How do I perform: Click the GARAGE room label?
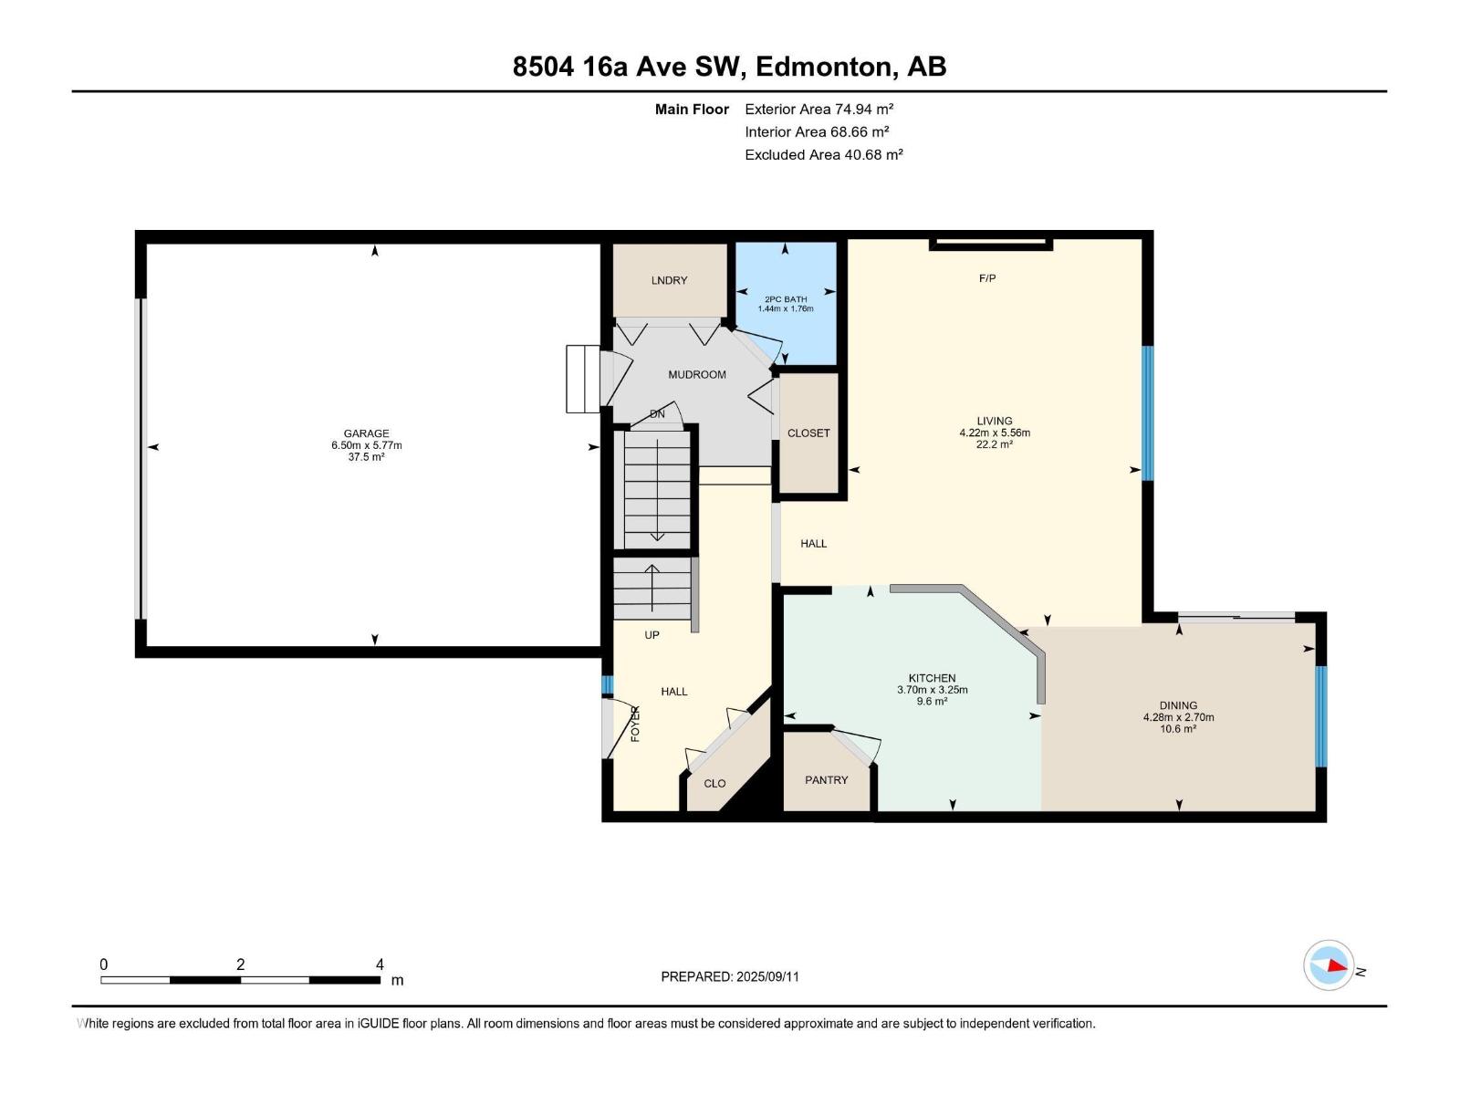[366, 433]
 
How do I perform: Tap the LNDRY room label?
[669, 280]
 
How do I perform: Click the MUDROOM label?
[696, 374]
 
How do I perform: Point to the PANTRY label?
[826, 780]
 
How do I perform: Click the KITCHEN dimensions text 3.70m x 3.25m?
[932, 690]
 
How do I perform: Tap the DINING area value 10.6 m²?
[1178, 729]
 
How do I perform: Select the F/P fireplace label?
[986, 278]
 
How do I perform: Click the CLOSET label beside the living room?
[808, 433]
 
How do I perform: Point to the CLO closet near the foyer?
[714, 784]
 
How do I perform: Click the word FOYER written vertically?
[636, 723]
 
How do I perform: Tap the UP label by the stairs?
[652, 635]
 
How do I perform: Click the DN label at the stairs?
[657, 414]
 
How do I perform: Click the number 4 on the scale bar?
[380, 965]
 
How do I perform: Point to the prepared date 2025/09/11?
[766, 976]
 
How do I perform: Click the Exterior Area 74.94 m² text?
[819, 109]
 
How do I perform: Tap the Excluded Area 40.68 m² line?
[823, 154]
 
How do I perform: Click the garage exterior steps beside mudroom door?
[582, 379]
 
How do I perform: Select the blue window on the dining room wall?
[1320, 716]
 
